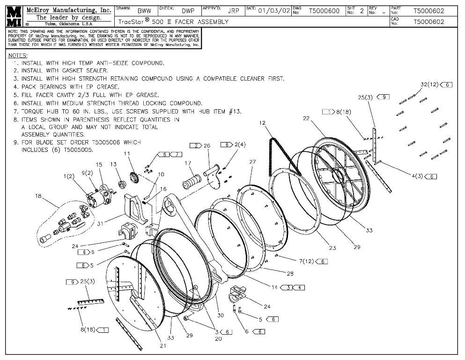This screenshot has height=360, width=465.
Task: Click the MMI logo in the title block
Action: click(14, 16)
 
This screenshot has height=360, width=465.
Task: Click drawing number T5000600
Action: click(324, 11)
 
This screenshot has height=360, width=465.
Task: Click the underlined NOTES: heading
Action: click(18, 55)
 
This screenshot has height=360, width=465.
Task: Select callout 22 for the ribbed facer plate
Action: click(307, 119)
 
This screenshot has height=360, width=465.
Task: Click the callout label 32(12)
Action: click(429, 84)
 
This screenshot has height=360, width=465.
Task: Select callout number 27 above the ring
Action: click(252, 162)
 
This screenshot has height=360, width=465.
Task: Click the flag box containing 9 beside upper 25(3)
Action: click(383, 97)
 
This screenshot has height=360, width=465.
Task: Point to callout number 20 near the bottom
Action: click(218, 338)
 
